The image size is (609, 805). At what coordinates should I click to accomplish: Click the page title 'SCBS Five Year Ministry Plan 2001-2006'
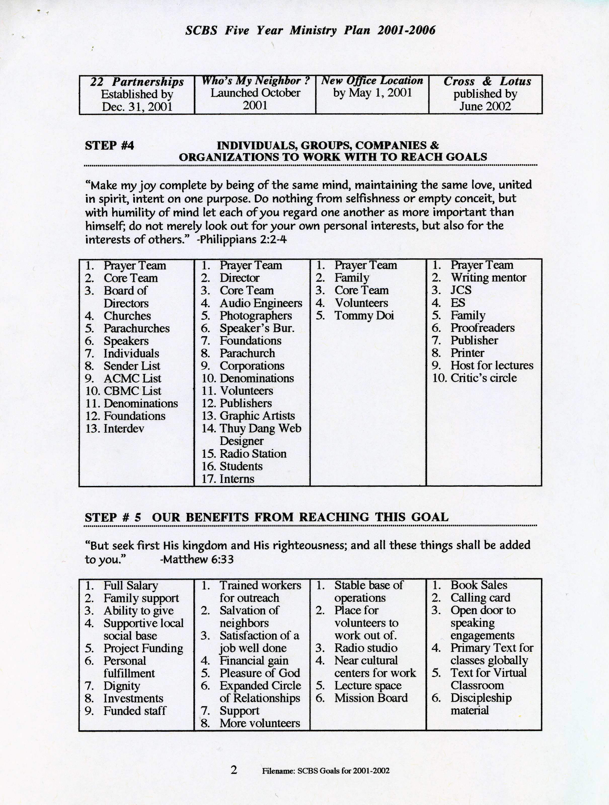pyautogui.click(x=310, y=30)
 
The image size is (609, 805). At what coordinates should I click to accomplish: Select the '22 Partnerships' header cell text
pyautogui.click(x=137, y=82)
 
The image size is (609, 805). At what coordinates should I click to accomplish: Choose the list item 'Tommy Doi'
pyautogui.click(x=364, y=316)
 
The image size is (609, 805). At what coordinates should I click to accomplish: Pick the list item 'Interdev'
pyautogui.click(x=124, y=428)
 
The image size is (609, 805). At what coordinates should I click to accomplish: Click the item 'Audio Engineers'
pyautogui.click(x=260, y=303)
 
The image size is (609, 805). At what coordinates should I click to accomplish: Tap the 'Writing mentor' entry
pyautogui.click(x=488, y=278)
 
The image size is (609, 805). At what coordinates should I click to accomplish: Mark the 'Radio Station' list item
pyautogui.click(x=253, y=454)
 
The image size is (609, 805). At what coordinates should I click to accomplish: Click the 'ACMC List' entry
pyautogui.click(x=132, y=378)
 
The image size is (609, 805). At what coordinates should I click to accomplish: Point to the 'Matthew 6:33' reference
pyautogui.click(x=197, y=559)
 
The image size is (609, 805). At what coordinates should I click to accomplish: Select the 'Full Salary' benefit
pyautogui.click(x=131, y=585)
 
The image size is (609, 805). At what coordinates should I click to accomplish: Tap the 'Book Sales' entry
pyautogui.click(x=478, y=585)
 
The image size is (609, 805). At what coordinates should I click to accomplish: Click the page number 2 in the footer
pyautogui.click(x=234, y=770)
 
